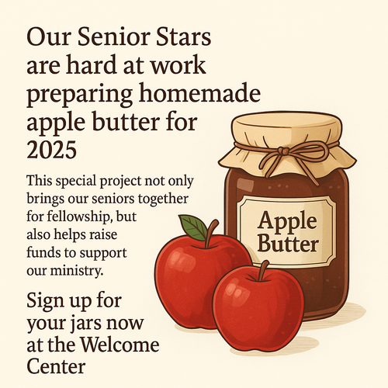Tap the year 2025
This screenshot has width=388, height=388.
point(52,150)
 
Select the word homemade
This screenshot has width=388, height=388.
point(199,93)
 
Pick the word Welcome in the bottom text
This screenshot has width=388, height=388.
point(120,345)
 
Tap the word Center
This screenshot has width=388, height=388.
point(56,366)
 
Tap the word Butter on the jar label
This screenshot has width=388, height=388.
point(288,244)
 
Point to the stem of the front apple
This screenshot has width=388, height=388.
point(264,271)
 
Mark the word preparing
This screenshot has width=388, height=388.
point(80,95)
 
